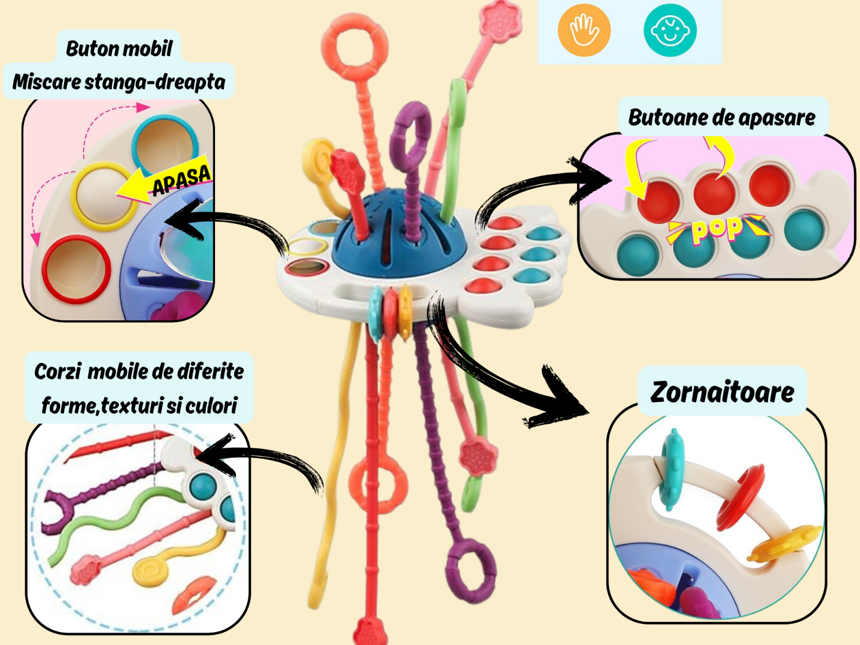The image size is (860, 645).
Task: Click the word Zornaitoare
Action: click(x=722, y=392)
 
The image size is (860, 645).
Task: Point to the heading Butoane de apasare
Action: click(x=721, y=117)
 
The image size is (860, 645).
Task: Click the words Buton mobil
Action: click(x=119, y=48)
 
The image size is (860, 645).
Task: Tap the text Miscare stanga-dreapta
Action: click(x=119, y=82)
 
